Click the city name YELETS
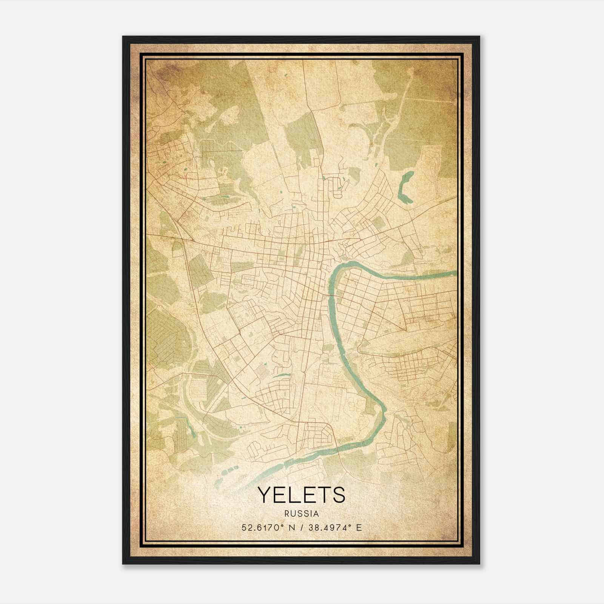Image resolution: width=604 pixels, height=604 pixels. [x=301, y=495]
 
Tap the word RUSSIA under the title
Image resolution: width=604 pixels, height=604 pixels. [x=302, y=514]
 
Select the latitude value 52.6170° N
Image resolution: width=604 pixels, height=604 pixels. [x=266, y=527]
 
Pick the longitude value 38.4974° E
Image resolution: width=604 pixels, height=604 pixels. [x=331, y=527]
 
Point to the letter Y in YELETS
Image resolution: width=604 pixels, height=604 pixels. [x=265, y=495]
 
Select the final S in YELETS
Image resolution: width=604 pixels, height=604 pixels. [x=339, y=495]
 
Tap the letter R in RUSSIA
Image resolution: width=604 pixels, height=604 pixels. [x=287, y=514]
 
